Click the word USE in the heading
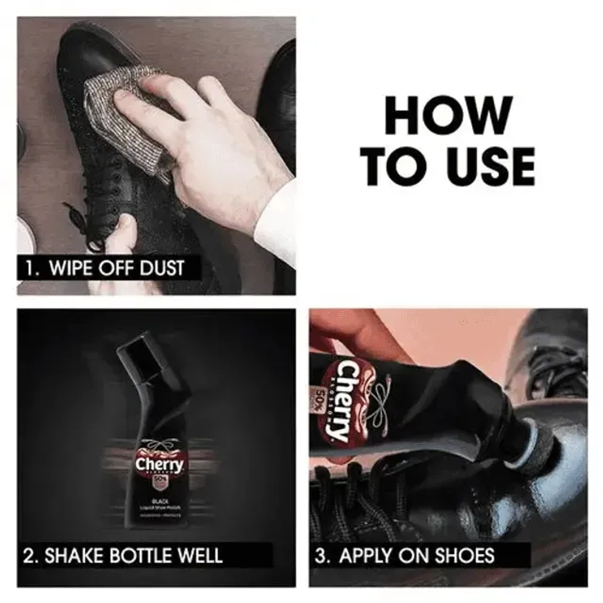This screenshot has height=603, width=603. tap(490, 165)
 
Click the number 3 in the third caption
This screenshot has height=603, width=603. tap(321, 556)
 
